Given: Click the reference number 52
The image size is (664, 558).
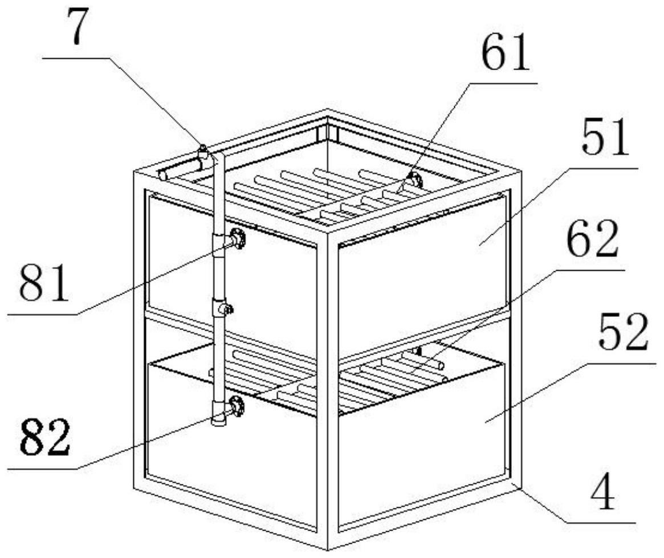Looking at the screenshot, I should pos(622,335).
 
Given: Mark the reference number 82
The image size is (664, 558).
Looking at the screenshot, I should pos(46,439).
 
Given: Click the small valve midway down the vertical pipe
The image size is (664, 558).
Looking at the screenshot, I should pos(226,309).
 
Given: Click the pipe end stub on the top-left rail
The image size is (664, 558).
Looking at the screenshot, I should pos(164,175).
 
